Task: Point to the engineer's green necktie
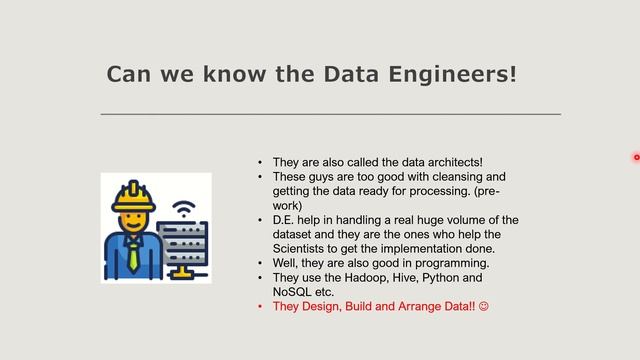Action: (x=133, y=256)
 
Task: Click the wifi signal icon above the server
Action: (x=183, y=210)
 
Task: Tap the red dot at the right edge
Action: (x=636, y=157)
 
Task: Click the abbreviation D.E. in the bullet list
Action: (x=285, y=220)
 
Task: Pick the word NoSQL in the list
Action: (x=293, y=292)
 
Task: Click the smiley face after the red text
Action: (x=484, y=307)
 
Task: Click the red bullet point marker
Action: (x=259, y=307)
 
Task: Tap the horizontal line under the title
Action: (x=330, y=115)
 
